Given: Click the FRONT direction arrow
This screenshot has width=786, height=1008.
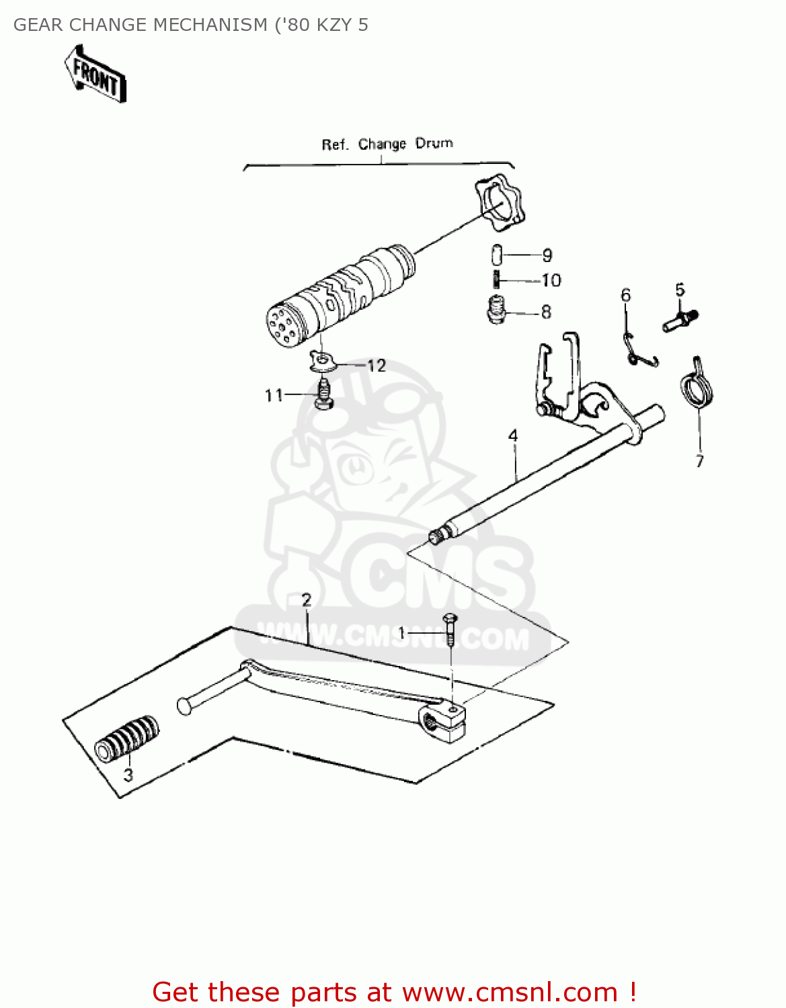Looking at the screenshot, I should (x=95, y=75).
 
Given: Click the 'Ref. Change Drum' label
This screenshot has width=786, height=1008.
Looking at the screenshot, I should (x=387, y=144).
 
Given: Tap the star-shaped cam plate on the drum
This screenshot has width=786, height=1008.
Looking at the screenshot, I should (x=499, y=200).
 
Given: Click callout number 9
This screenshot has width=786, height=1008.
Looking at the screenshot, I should (x=547, y=255).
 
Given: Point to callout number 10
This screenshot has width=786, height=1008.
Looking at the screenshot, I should (x=551, y=280).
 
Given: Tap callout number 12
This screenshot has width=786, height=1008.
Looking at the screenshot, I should (x=377, y=366).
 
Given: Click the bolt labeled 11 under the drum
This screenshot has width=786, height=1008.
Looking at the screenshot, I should (x=324, y=395).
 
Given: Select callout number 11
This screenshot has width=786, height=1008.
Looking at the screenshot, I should (x=274, y=395).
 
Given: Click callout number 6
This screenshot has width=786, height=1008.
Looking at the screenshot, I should (x=626, y=295).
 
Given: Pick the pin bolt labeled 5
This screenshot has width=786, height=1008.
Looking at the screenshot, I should (x=680, y=319).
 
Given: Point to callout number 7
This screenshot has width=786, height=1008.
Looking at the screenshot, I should (x=699, y=461).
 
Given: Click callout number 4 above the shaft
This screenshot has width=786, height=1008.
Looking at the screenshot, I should (x=513, y=436).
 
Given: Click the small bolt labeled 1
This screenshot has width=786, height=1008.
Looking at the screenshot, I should (x=450, y=629).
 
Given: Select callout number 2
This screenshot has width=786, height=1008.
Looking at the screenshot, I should (x=307, y=600).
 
